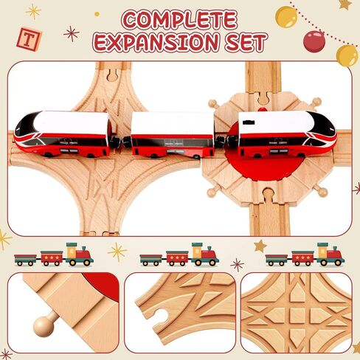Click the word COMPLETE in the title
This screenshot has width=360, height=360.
point(179,21)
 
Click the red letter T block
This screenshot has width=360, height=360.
point(29,39)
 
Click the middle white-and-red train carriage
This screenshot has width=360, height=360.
point(172,135)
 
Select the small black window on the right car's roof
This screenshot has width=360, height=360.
point(249,122)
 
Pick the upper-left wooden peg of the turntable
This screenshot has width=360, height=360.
point(212,103)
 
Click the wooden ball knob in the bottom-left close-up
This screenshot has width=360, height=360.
point(44,326)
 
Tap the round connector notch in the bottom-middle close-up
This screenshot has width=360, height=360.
point(161,319)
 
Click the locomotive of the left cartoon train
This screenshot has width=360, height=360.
point(79,255)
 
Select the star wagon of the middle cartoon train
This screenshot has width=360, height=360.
point(176,258)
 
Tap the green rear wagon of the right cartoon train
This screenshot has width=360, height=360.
point(277,260)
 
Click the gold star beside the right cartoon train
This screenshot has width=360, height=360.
point(260,246)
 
